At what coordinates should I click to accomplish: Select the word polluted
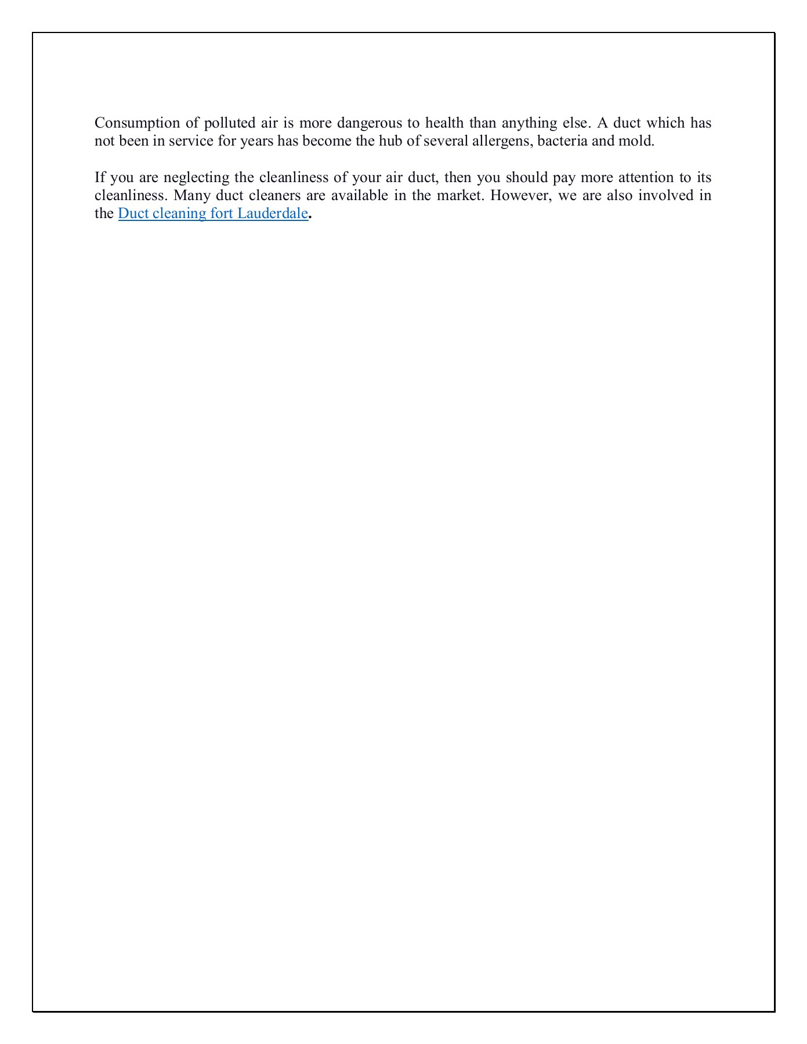pos(226,123)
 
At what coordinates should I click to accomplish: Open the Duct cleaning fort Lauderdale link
pos(212,213)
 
